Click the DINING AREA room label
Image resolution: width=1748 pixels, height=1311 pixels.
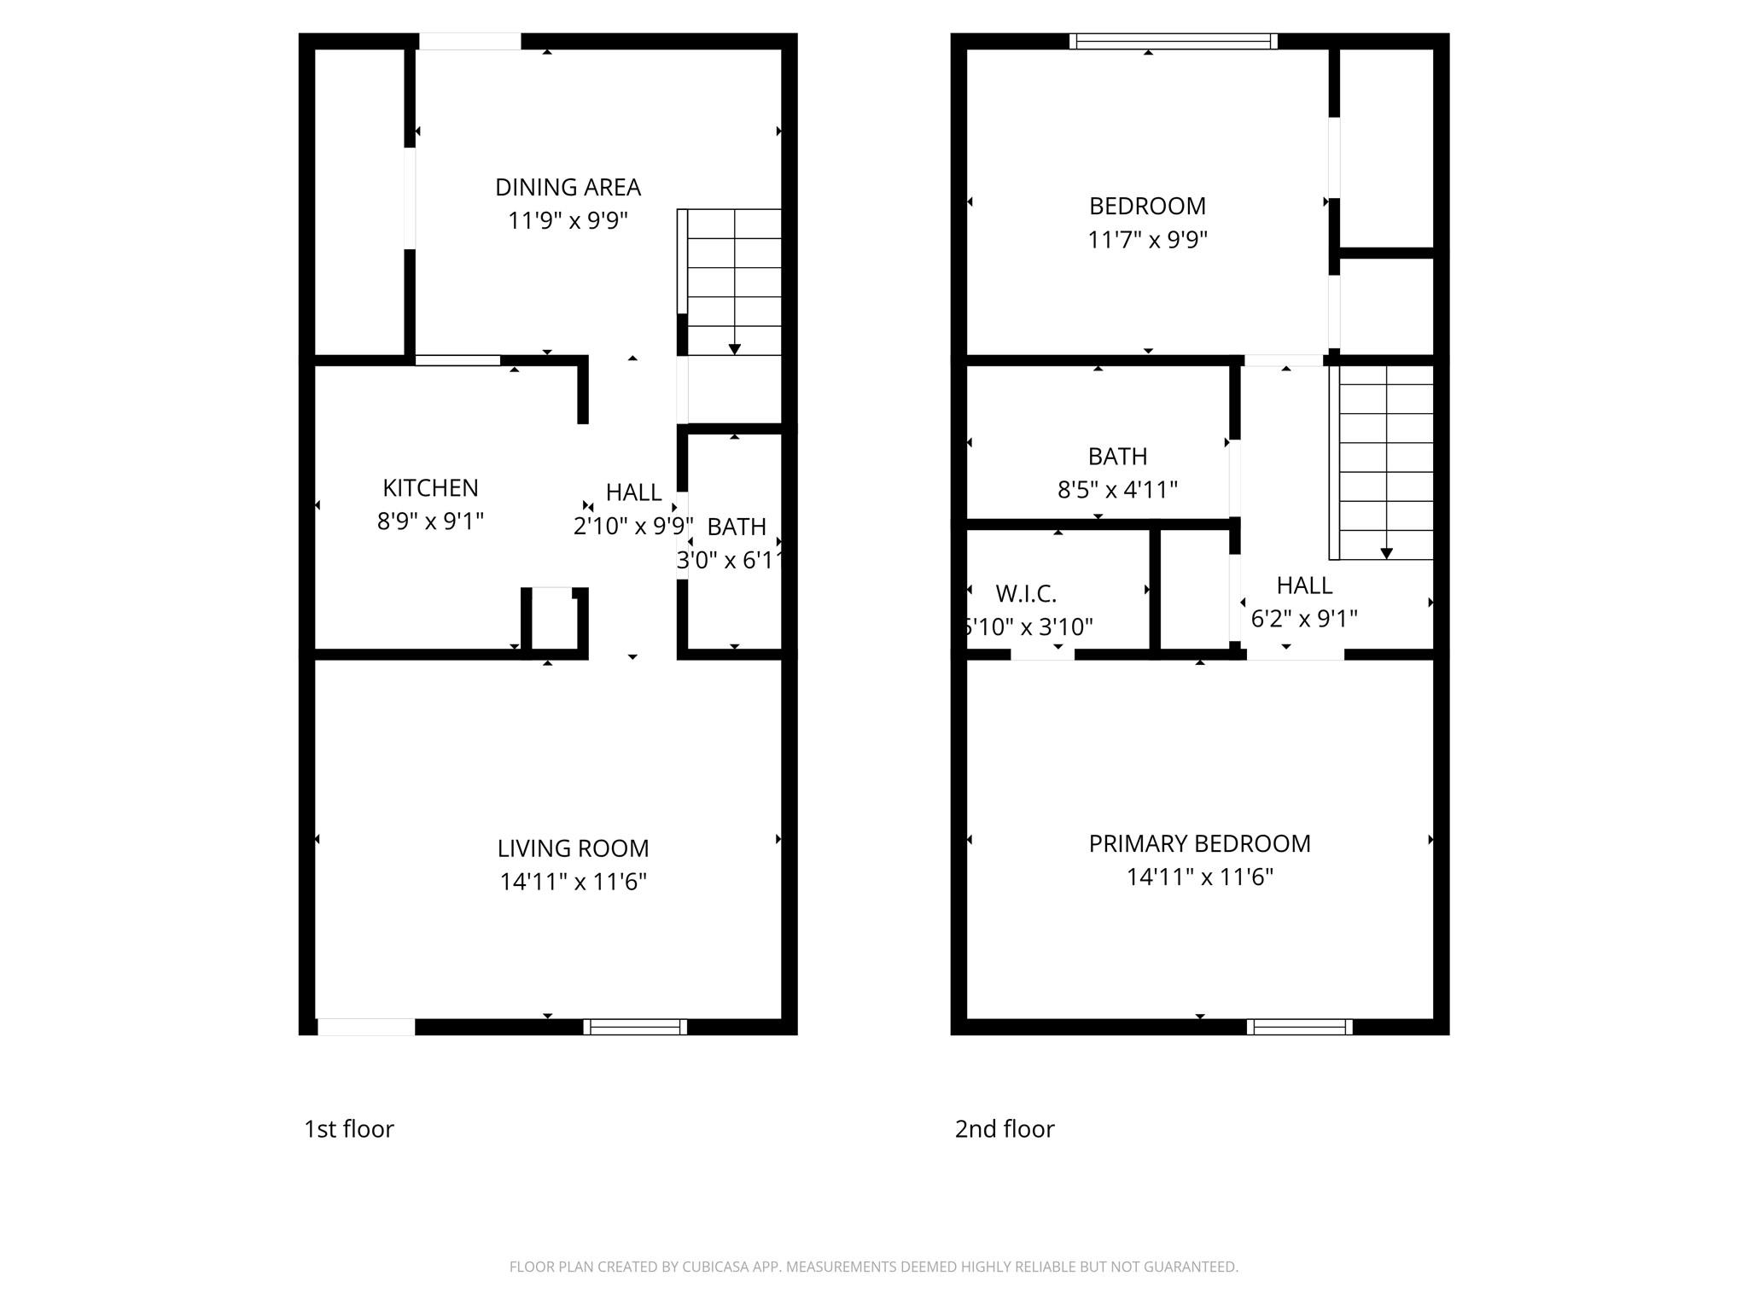pyautogui.click(x=568, y=187)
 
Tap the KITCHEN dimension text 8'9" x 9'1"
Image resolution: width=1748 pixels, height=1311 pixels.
pyautogui.click(x=430, y=521)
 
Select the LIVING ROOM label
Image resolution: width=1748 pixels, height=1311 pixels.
pyautogui.click(x=573, y=848)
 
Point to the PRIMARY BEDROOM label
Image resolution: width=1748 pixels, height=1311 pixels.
pyautogui.click(x=1199, y=843)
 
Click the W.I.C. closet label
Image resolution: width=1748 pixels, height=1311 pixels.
pyautogui.click(x=1026, y=593)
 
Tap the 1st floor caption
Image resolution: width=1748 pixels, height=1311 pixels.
pyautogui.click(x=348, y=1128)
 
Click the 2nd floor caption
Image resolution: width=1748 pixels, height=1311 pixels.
pyautogui.click(x=1004, y=1128)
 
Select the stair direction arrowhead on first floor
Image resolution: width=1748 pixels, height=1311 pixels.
pyautogui.click(x=734, y=349)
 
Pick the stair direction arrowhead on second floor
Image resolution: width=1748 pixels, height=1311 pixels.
pyautogui.click(x=1386, y=553)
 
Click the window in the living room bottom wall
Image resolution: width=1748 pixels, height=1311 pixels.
pyautogui.click(x=635, y=1027)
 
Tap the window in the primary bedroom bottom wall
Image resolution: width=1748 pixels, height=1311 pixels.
pyautogui.click(x=1299, y=1027)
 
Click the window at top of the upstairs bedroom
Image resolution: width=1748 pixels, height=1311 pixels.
pyautogui.click(x=1173, y=41)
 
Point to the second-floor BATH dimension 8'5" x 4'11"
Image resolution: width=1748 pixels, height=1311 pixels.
pyautogui.click(x=1117, y=490)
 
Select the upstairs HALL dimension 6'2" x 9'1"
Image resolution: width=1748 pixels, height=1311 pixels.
pyautogui.click(x=1303, y=618)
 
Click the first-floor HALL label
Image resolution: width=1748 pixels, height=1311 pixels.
pyautogui.click(x=633, y=492)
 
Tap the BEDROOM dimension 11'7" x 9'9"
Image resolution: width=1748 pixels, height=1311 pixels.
pyautogui.click(x=1147, y=240)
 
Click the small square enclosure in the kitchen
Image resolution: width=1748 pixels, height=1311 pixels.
pyautogui.click(x=554, y=621)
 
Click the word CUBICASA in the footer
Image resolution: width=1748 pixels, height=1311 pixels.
pyautogui.click(x=715, y=1267)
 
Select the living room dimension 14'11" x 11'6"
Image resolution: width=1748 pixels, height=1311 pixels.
pyautogui.click(x=573, y=882)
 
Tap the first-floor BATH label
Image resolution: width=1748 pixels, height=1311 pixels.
pyautogui.click(x=736, y=527)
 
